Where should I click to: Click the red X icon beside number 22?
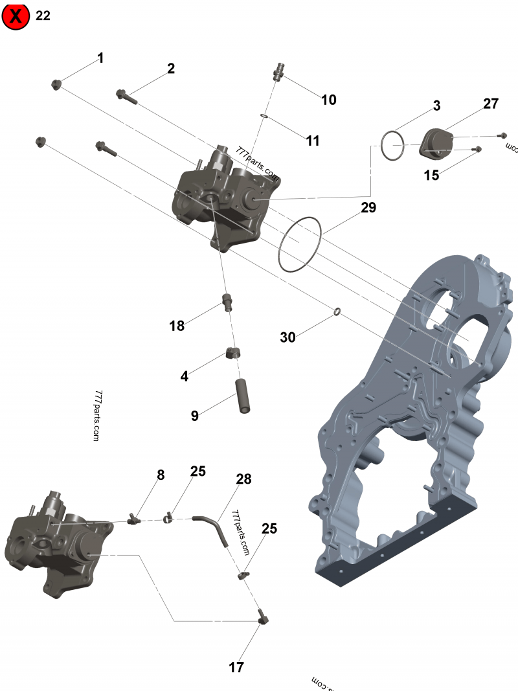tap(16, 16)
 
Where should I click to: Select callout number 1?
tap(100, 58)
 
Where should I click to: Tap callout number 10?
tap(329, 100)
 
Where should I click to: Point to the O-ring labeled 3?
tap(392, 146)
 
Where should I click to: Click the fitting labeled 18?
tap(227, 302)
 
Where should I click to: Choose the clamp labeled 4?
tap(234, 354)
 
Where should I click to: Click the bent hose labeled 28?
tap(214, 528)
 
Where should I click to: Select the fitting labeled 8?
tap(135, 518)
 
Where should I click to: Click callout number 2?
tap(171, 69)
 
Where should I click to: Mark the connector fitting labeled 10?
tap(280, 72)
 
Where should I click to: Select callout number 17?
tap(236, 667)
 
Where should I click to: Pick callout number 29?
tap(368, 207)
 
